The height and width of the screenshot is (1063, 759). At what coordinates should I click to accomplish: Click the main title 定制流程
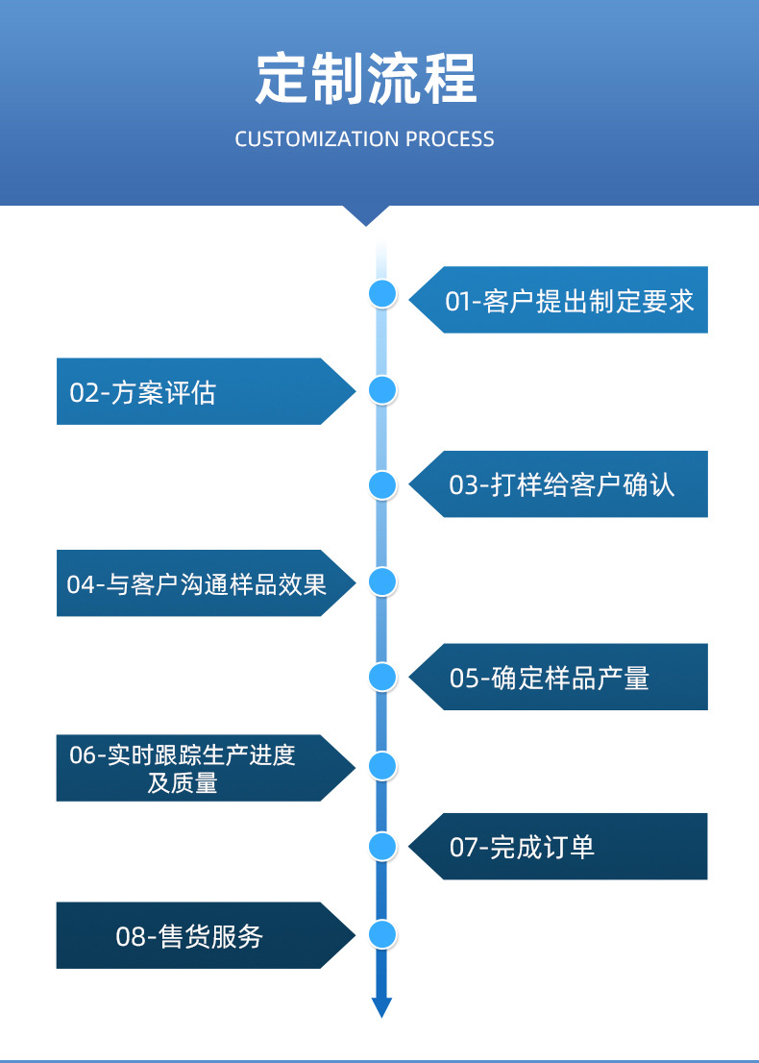[366, 80]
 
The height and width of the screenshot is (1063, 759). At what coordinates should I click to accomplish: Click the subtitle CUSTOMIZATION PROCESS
[365, 139]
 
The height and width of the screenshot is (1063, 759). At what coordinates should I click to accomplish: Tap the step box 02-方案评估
[192, 391]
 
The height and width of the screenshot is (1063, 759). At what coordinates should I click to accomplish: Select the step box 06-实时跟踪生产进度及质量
[192, 768]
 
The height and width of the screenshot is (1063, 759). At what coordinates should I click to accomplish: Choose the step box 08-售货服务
[192, 935]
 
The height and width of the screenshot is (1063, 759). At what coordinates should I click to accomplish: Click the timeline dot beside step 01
[382, 294]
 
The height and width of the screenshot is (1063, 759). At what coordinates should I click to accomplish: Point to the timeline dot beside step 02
[382, 389]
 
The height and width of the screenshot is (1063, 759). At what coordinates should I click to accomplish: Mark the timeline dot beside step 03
[382, 485]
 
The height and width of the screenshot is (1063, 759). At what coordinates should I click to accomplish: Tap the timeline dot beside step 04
[382, 581]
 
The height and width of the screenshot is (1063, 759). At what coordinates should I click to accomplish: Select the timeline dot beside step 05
[382, 677]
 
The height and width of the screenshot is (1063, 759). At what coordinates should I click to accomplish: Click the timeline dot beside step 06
[382, 766]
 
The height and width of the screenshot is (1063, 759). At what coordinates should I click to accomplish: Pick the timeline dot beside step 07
[382, 846]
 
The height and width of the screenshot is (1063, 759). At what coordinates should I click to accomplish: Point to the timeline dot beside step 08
[382, 934]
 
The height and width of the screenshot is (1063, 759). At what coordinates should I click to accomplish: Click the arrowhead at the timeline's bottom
[382, 1006]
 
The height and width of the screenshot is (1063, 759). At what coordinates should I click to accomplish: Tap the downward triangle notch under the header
[366, 215]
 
